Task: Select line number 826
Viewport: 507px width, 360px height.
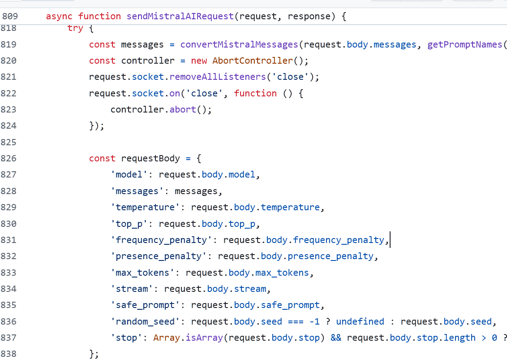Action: (9, 158)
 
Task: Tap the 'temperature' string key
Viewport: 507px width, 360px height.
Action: (148, 207)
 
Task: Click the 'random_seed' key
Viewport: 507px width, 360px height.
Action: (148, 321)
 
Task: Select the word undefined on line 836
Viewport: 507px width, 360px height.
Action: (360, 321)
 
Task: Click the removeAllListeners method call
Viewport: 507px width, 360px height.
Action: (218, 77)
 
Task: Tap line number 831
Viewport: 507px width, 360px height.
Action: (9, 240)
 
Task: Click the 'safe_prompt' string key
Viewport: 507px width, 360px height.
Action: (148, 305)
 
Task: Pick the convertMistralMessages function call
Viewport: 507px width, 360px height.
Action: (239, 44)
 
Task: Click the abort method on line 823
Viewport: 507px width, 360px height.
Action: (183, 109)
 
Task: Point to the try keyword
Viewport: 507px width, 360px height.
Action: (75, 28)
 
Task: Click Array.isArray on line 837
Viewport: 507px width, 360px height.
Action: (188, 338)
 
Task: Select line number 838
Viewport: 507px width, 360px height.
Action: (9, 354)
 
